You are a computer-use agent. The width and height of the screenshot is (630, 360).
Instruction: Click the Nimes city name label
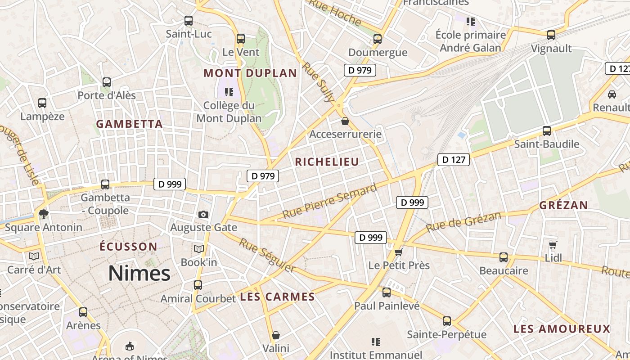pyautogui.click(x=139, y=273)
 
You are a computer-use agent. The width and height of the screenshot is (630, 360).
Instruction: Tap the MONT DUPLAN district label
pyautogui.click(x=250, y=73)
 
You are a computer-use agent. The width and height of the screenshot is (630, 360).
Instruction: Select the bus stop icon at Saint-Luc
pyautogui.click(x=189, y=21)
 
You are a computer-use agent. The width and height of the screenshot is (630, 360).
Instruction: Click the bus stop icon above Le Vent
pyautogui.click(x=241, y=39)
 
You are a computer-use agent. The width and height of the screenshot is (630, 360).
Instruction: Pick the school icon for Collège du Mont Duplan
pyautogui.click(x=229, y=92)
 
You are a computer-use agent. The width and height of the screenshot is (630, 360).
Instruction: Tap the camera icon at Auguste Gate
pyautogui.click(x=203, y=214)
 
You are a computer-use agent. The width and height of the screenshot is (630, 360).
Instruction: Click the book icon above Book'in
pyautogui.click(x=198, y=249)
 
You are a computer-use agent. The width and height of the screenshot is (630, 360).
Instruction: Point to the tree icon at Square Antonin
pyautogui.click(x=44, y=214)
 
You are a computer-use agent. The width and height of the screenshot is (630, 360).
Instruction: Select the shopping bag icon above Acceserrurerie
pyautogui.click(x=345, y=121)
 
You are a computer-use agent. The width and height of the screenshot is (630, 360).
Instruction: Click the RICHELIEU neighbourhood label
pyautogui.click(x=327, y=162)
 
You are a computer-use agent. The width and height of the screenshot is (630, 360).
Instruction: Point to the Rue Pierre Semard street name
pyautogui.click(x=329, y=201)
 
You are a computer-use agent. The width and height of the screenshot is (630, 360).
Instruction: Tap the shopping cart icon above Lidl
pyautogui.click(x=553, y=245)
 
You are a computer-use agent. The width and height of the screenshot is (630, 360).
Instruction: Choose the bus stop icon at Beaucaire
pyautogui.click(x=504, y=257)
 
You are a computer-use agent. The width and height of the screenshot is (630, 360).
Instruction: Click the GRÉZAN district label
pyautogui.click(x=563, y=205)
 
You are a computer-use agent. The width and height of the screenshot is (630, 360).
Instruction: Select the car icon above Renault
pyautogui.click(x=612, y=94)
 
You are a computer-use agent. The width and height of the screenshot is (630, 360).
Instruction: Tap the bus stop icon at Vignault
pyautogui.click(x=551, y=35)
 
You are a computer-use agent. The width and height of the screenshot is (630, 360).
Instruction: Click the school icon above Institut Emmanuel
pyautogui.click(x=376, y=342)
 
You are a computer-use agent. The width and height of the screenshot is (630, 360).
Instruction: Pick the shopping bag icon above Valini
pyautogui.click(x=276, y=335)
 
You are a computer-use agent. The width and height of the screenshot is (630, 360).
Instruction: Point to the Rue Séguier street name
pyautogui.click(x=267, y=255)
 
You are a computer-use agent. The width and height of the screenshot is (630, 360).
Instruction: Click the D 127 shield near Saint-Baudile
pyautogui.click(x=454, y=159)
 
